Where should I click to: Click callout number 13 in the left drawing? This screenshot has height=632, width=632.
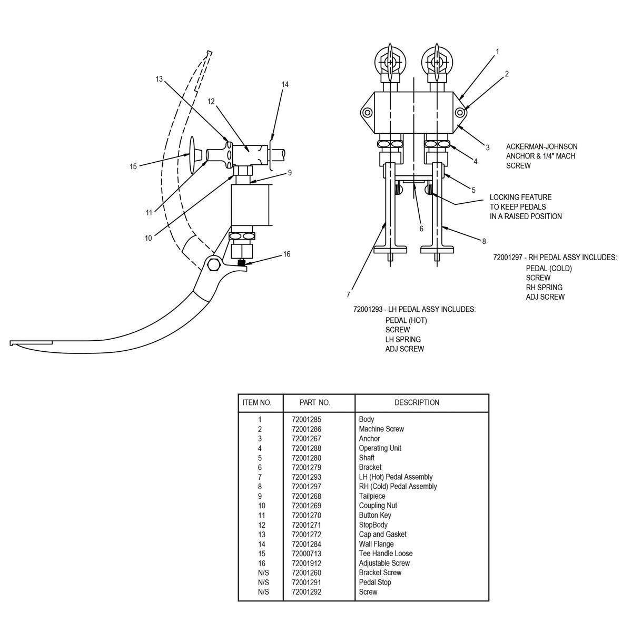(x=159, y=79)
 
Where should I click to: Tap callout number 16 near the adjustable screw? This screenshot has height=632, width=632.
(x=287, y=254)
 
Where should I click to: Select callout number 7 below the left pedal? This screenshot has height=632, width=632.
(x=348, y=294)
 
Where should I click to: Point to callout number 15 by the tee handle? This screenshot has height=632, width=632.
(x=133, y=166)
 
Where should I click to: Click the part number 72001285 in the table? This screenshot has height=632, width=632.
(x=306, y=420)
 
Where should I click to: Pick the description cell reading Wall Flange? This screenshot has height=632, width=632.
(x=376, y=544)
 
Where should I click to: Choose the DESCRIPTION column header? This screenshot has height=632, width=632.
(x=417, y=402)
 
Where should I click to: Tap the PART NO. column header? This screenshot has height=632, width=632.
(x=314, y=402)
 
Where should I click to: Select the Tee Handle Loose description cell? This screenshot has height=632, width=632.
(x=386, y=554)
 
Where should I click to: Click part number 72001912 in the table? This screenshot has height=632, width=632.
(x=306, y=563)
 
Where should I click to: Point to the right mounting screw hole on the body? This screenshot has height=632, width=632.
(x=460, y=112)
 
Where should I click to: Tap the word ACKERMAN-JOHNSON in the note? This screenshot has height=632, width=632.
(x=541, y=146)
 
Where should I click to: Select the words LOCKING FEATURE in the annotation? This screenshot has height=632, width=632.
(x=520, y=197)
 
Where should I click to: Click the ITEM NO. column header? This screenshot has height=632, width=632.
(x=257, y=402)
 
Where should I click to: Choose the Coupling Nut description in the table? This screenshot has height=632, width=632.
(x=378, y=506)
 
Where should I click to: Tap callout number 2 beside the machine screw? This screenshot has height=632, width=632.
(x=507, y=74)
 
